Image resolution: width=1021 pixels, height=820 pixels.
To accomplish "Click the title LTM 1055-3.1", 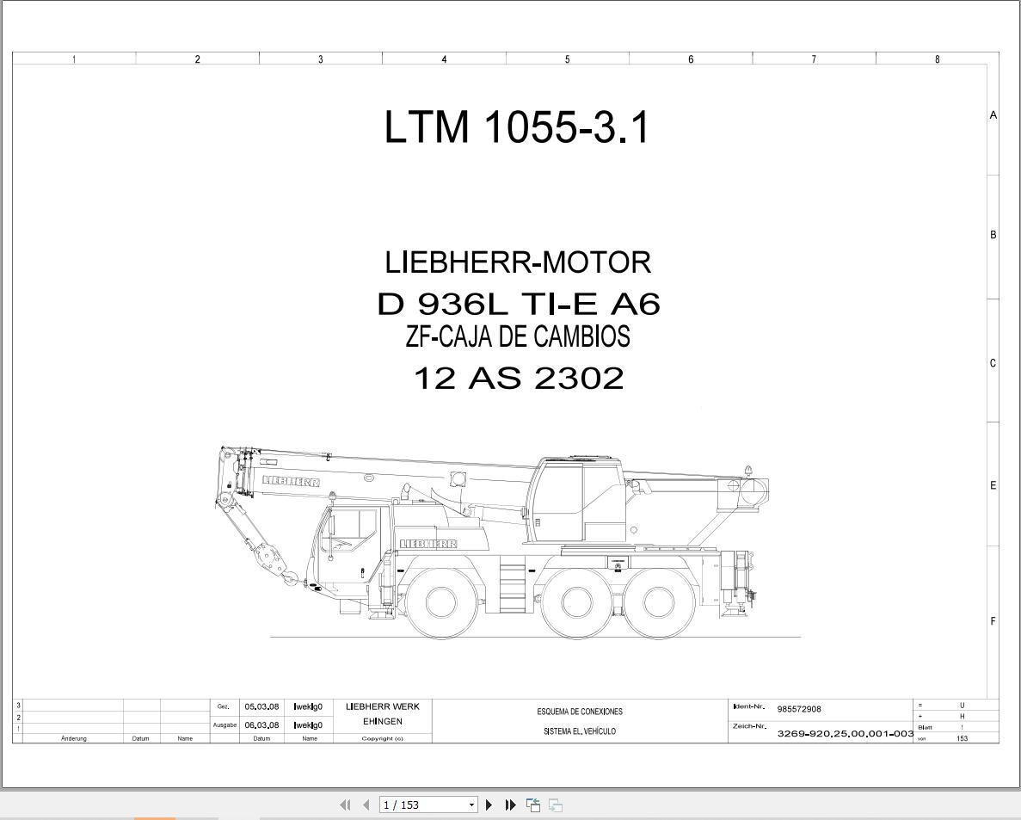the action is pos(517,127).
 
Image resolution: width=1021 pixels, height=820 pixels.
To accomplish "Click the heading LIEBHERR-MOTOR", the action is pos(519,262).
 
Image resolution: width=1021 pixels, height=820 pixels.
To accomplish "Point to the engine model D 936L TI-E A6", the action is pos(519,304).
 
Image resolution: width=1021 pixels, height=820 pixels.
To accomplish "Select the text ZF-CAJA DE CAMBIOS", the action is pos(518,336).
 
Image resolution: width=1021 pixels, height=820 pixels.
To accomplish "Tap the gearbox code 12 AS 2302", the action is pos(519,378).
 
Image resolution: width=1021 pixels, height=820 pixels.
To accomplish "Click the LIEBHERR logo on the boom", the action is pos(291,481).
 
